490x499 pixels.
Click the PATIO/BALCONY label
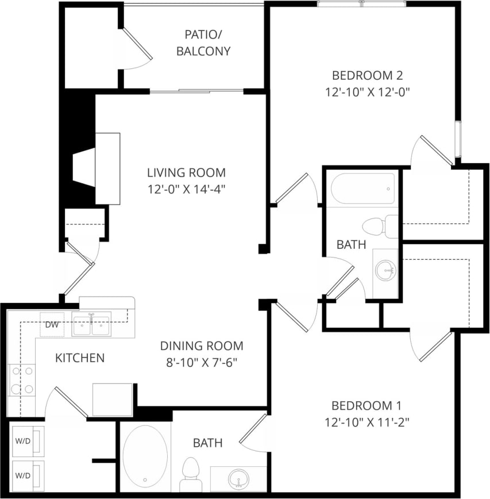[x=203, y=43]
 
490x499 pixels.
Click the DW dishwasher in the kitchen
[x=52, y=325]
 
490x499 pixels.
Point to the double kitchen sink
[x=91, y=326]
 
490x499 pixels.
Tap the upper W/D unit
[x=28, y=442]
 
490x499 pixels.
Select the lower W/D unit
[x=28, y=475]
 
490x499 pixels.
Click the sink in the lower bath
[x=238, y=478]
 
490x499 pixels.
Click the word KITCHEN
[x=80, y=358]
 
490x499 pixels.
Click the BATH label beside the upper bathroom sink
[x=351, y=244]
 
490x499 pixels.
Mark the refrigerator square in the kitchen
[x=113, y=400]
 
